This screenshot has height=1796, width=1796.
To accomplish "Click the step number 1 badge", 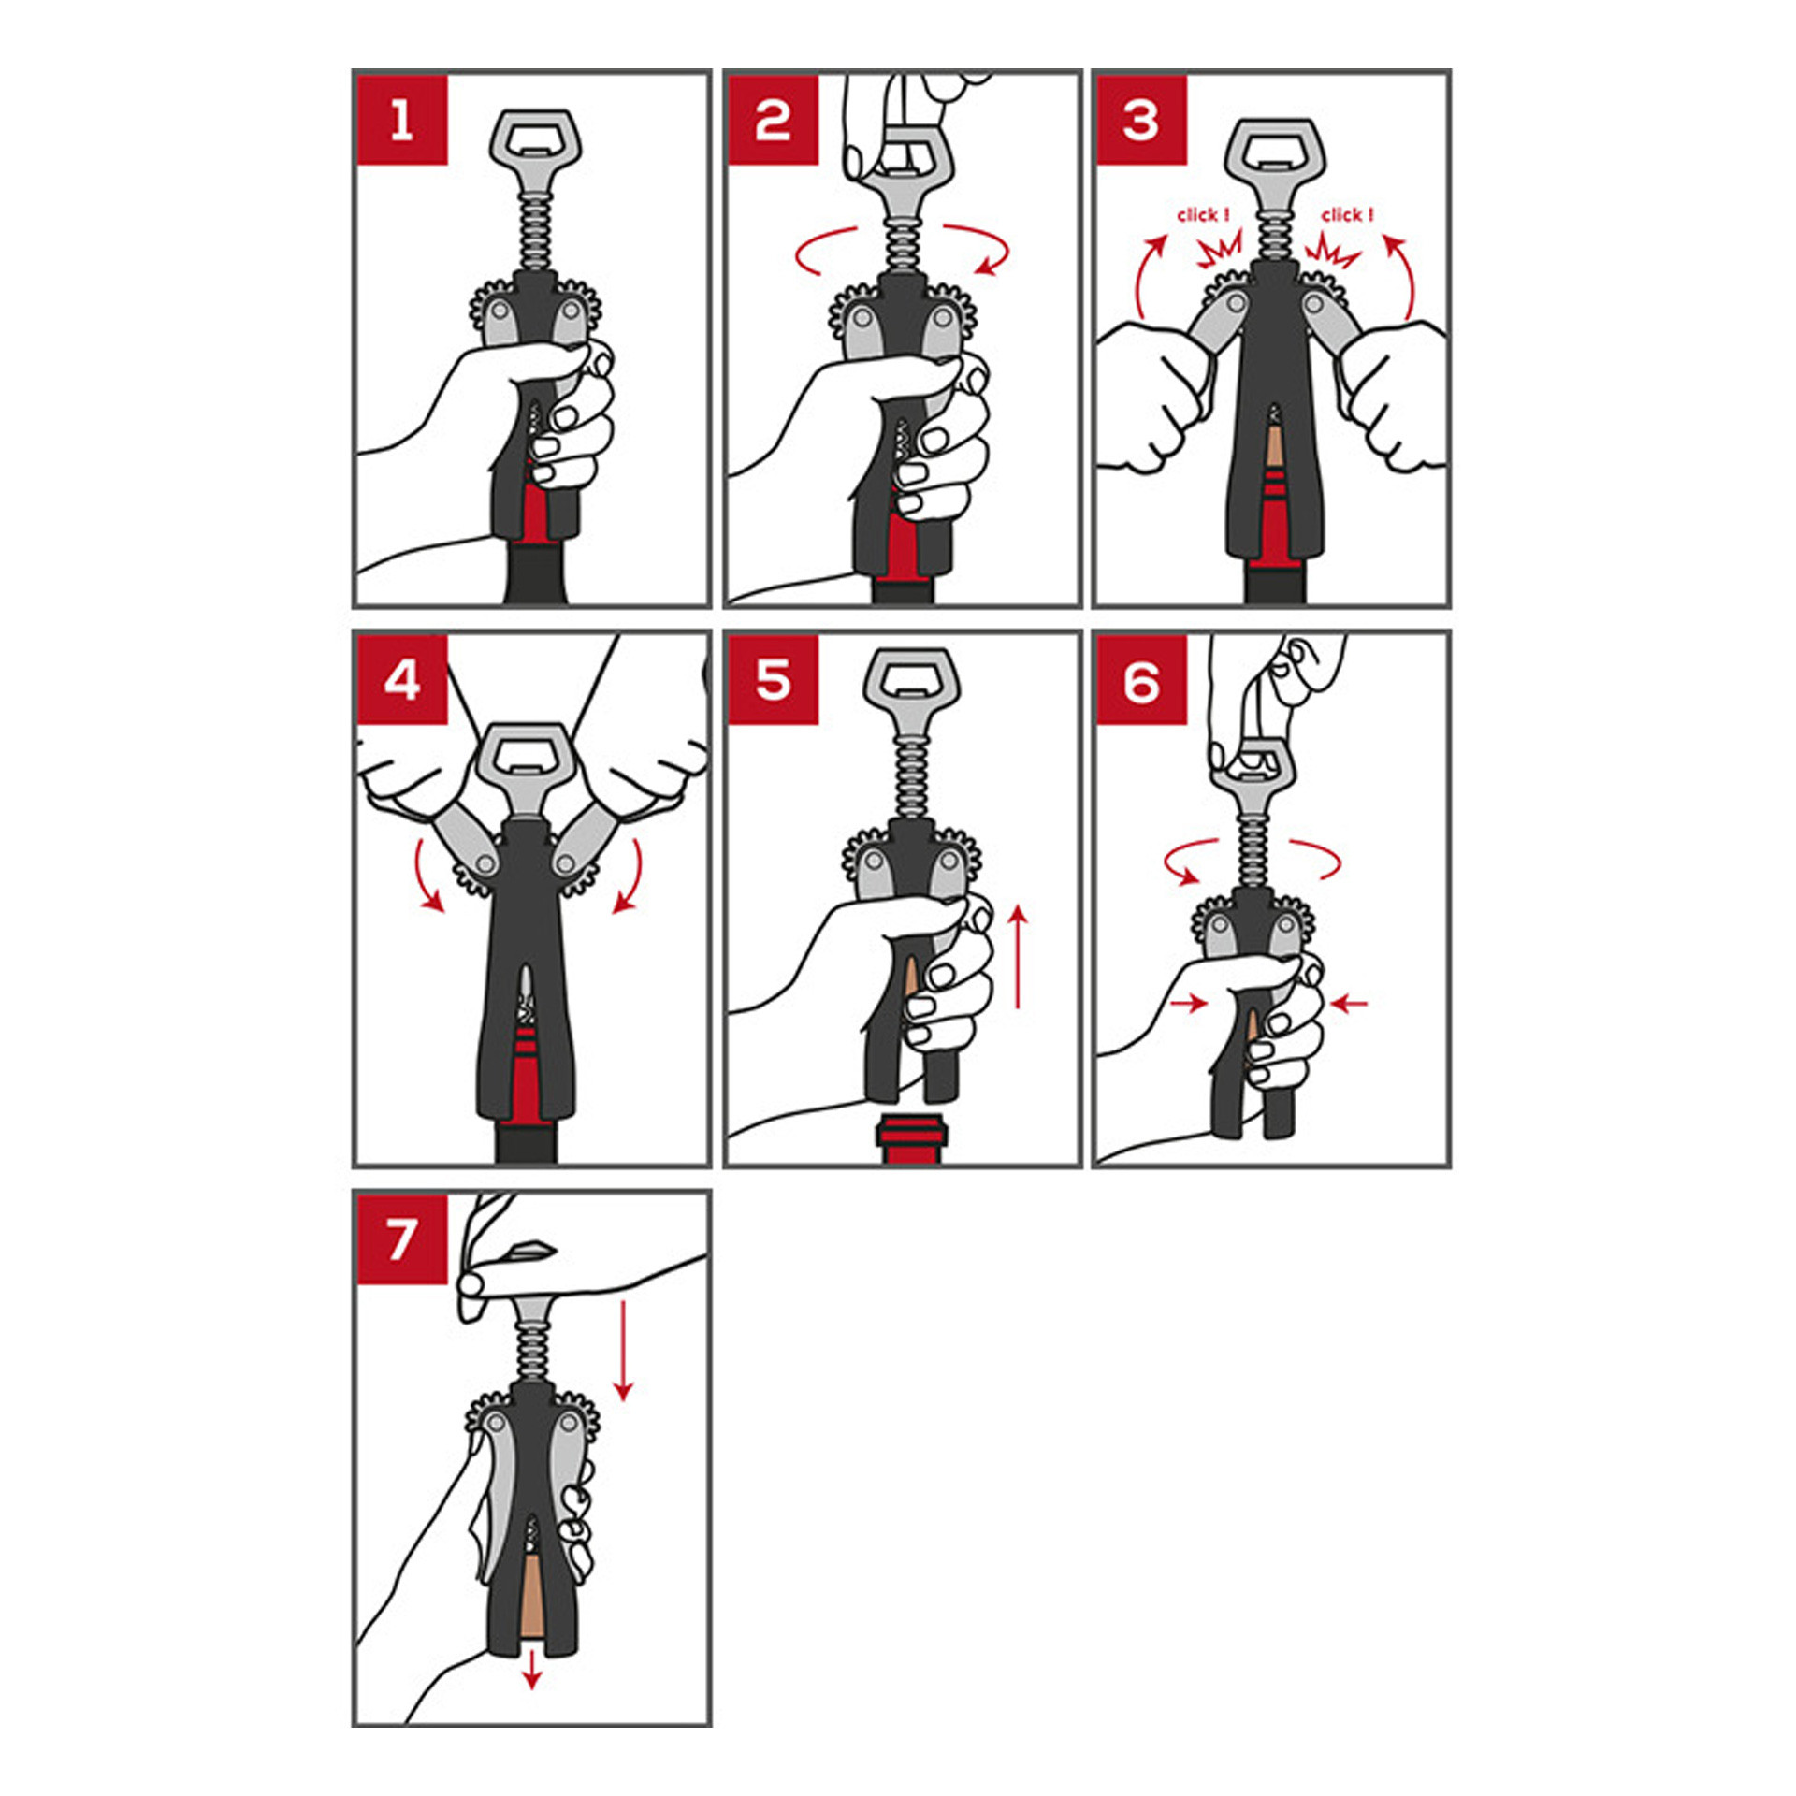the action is coord(402,121).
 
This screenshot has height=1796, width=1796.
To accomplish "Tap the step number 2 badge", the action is coord(773,121).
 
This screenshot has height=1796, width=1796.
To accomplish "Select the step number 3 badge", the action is coord(1141,121).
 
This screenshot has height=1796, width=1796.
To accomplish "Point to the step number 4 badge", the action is coord(402,680).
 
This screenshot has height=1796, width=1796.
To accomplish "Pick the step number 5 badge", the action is coord(773,680).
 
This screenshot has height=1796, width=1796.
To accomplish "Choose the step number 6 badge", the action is coord(1141,680).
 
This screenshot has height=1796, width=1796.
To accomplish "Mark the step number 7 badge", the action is coord(402,1239).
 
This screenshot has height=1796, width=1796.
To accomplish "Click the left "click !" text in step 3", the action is coord(1203,215).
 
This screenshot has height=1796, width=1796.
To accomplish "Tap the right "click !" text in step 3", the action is coord(1347,215).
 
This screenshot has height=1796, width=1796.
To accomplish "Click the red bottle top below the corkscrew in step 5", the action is coord(912,1138).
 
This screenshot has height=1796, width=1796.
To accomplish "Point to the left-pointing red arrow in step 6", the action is coord(1350,1004).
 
